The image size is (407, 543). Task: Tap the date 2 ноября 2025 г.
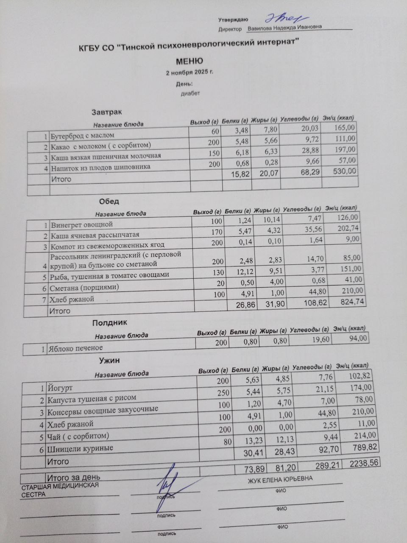coord(190,73)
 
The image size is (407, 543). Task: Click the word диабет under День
coord(190,93)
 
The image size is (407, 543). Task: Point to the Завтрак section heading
coord(106,112)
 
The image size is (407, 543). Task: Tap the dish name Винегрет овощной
coord(81,224)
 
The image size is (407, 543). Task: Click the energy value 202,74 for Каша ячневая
coord(346,228)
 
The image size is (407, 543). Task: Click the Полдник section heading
coord(110,323)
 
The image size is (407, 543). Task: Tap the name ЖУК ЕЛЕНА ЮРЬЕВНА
coord(280,479)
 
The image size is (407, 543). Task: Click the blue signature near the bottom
coord(167,488)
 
